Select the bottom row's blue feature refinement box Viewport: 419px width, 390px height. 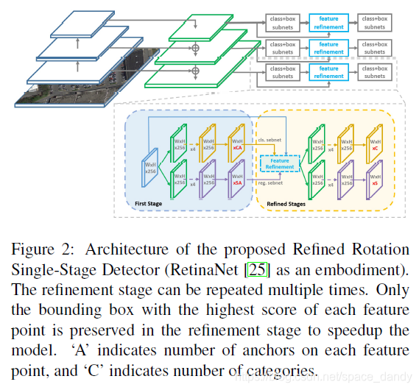(x=328, y=72)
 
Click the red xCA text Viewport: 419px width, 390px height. (x=238, y=149)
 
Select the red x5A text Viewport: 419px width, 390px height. (x=238, y=188)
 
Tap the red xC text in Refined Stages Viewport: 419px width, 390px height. (x=375, y=149)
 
